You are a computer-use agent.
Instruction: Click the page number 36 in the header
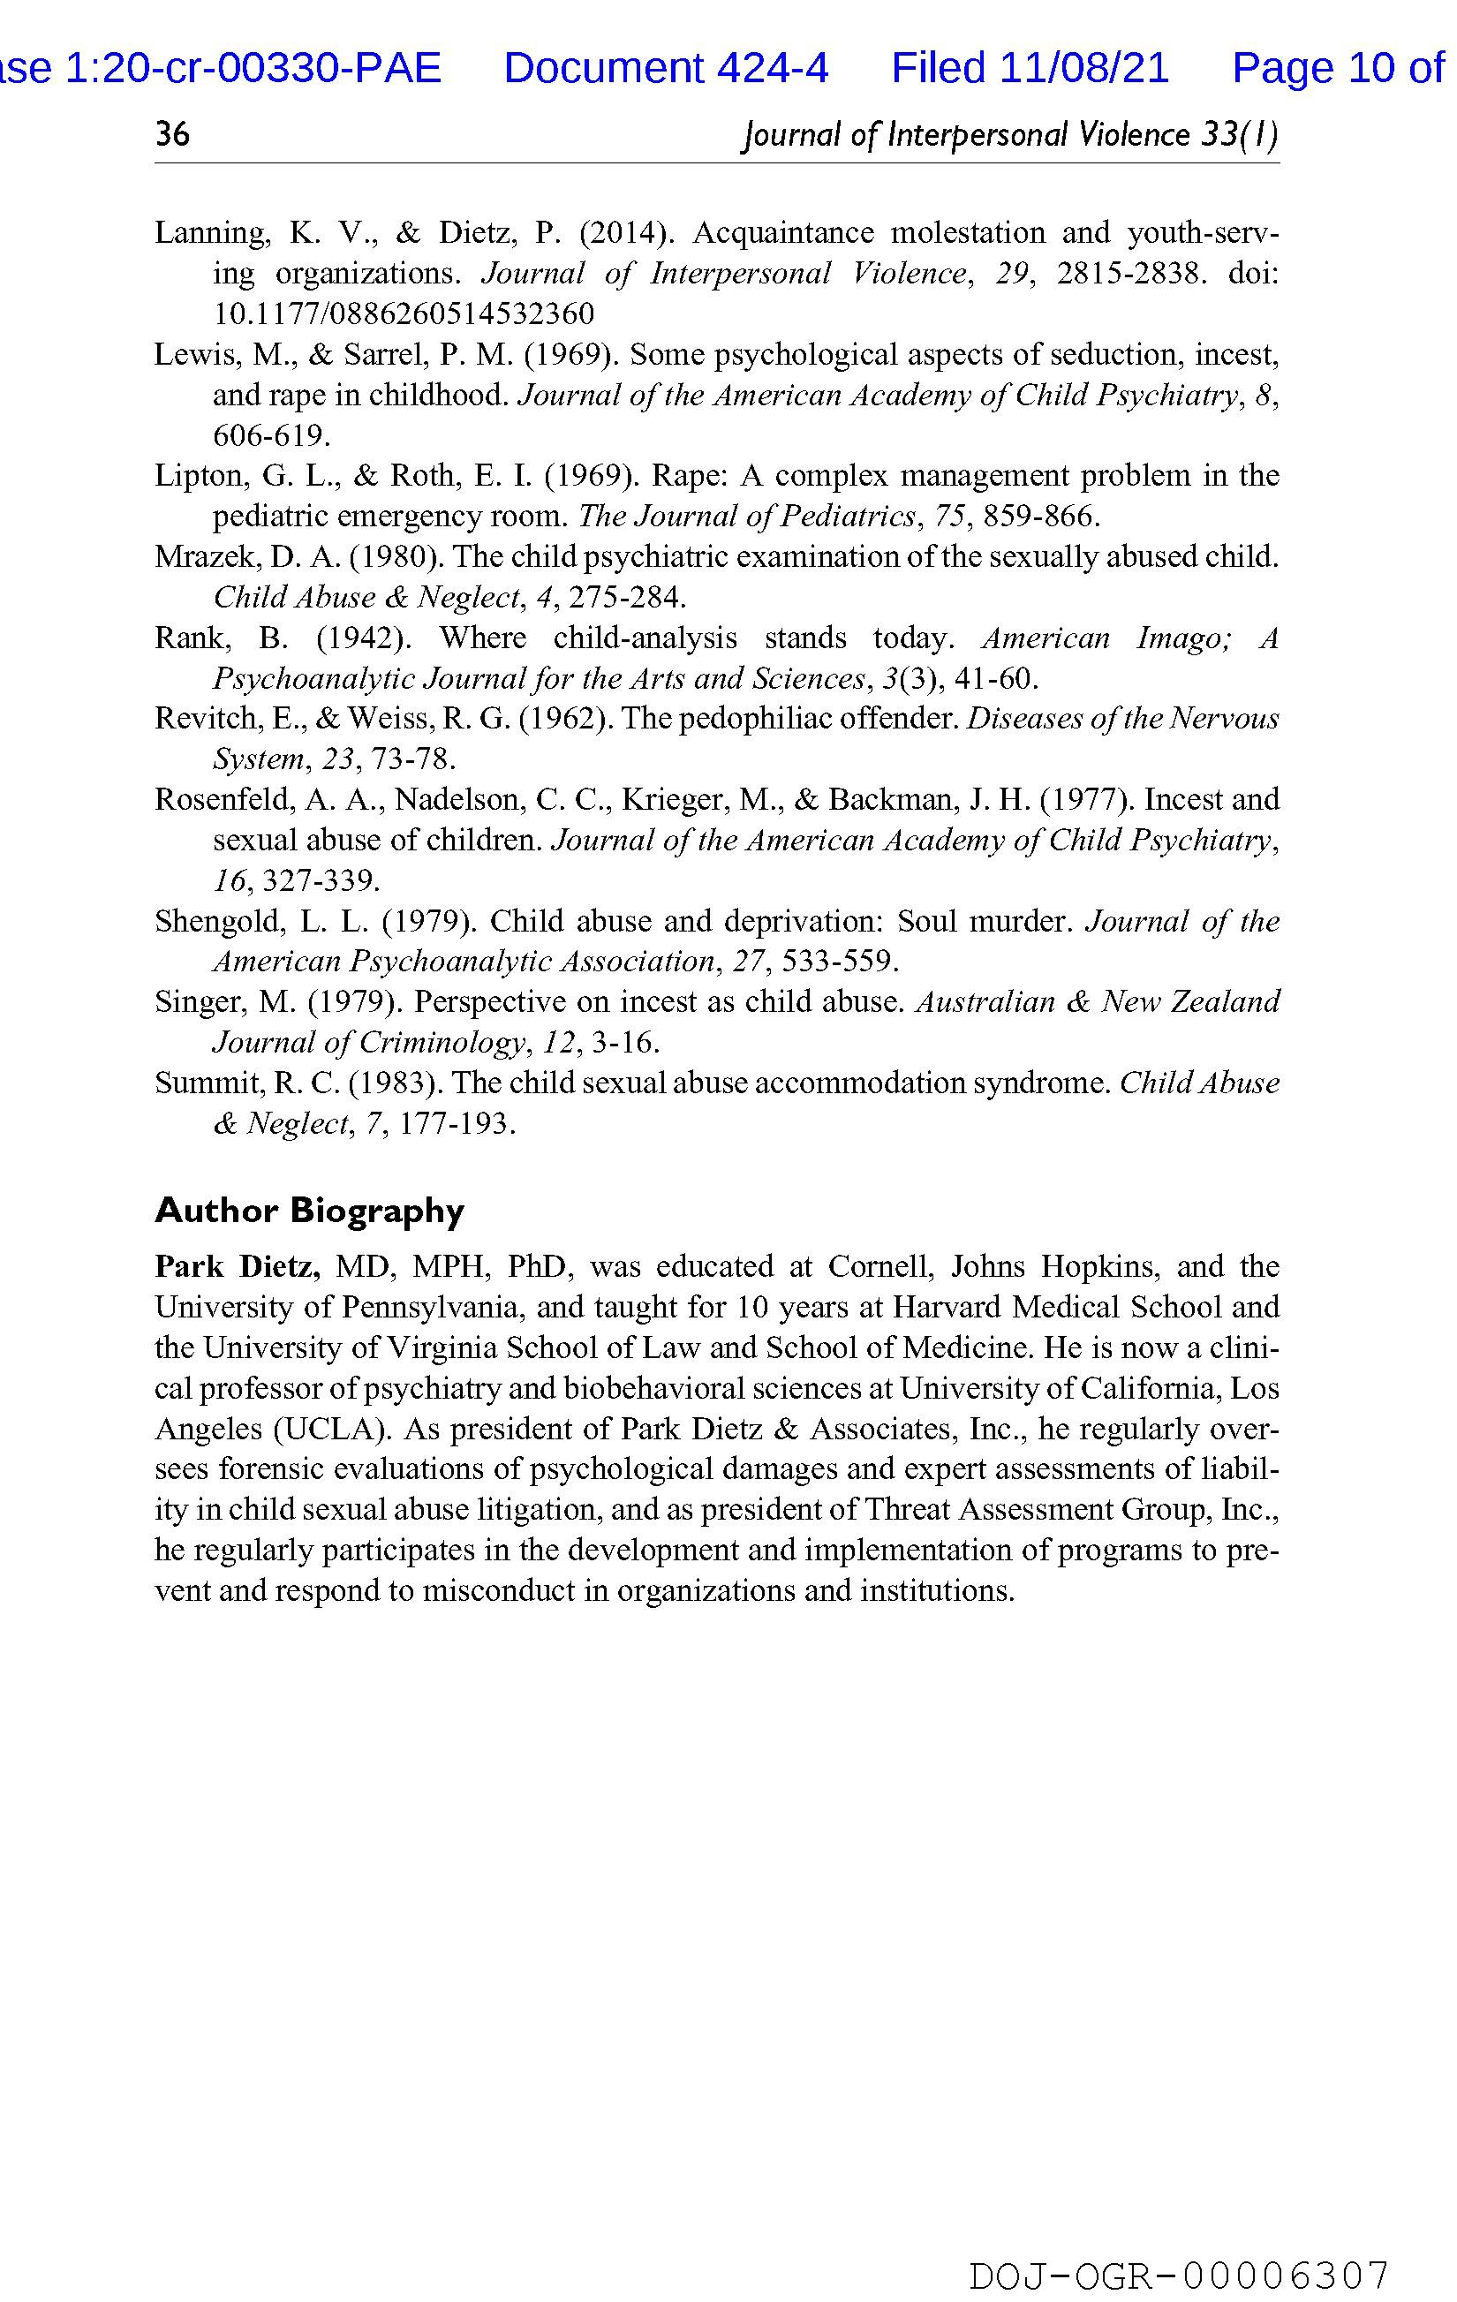click(173, 135)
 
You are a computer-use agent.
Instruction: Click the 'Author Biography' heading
click(309, 1211)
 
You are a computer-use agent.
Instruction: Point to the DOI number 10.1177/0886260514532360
click(403, 313)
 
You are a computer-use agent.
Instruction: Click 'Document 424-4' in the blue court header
click(666, 68)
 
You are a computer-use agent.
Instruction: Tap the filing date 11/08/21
click(1084, 68)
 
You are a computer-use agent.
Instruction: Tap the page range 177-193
click(457, 1123)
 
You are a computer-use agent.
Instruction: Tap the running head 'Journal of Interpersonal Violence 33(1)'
click(1009, 135)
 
